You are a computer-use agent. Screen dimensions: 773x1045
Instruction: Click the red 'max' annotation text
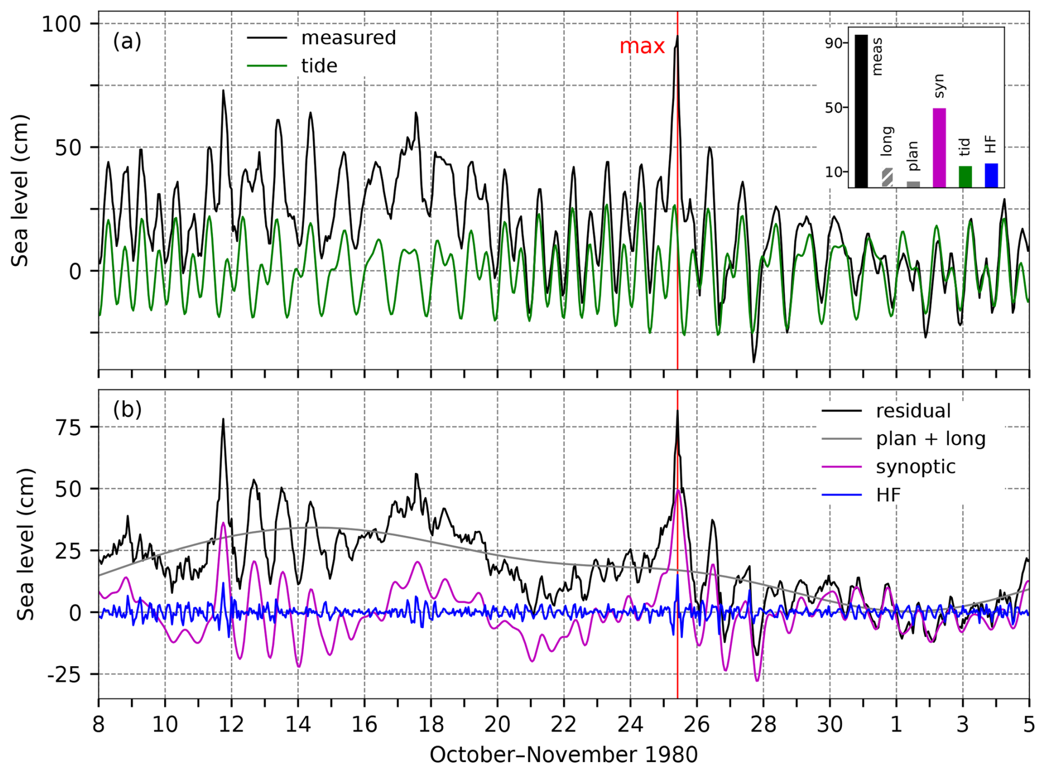coord(641,46)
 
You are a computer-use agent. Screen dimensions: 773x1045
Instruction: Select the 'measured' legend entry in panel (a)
coord(348,38)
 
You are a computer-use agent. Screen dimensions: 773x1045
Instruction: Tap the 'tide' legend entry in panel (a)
coord(319,66)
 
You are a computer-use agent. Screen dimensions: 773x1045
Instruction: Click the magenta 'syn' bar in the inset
coord(939,148)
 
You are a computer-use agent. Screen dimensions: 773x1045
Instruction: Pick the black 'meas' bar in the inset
coord(861,111)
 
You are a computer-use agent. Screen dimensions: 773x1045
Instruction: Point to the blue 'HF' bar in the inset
coord(991,175)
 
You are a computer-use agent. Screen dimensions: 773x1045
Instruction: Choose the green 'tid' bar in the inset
coord(965,177)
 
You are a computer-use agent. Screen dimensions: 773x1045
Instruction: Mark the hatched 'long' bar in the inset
coord(887,178)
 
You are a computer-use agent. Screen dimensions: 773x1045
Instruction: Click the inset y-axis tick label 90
coord(833,44)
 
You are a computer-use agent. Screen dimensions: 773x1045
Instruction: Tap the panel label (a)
coord(127,41)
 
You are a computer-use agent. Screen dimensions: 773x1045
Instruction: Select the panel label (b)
coord(127,410)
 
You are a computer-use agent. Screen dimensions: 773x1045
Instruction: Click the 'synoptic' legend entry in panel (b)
coord(915,467)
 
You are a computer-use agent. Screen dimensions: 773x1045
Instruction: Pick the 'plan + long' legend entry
coord(930,439)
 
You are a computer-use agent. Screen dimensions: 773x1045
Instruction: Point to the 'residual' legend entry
coord(913,411)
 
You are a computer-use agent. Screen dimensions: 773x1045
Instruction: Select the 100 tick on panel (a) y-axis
coord(61,24)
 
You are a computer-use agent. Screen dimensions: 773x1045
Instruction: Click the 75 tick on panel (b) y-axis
coord(68,428)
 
